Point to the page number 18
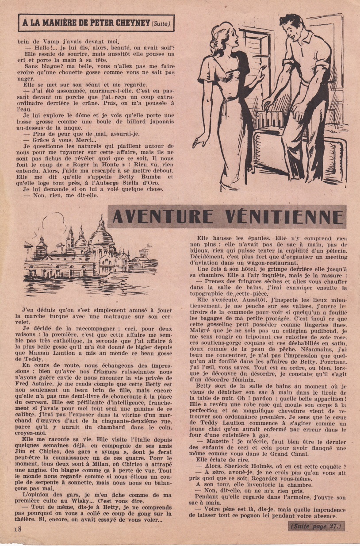coord(17,529)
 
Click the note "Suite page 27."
coord(317,526)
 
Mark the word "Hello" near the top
coord(36,48)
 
